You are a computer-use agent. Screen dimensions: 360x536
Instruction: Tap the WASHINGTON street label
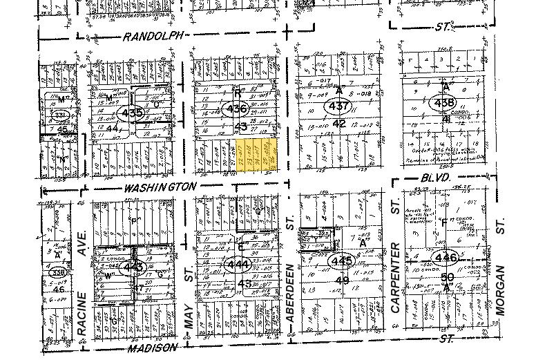coord(161,187)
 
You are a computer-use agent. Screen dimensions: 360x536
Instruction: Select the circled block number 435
coord(131,113)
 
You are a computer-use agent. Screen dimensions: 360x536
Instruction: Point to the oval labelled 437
coord(339,107)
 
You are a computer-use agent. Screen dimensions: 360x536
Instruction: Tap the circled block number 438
coord(441,103)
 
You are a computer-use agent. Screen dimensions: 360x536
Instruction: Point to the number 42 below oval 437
coord(338,123)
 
